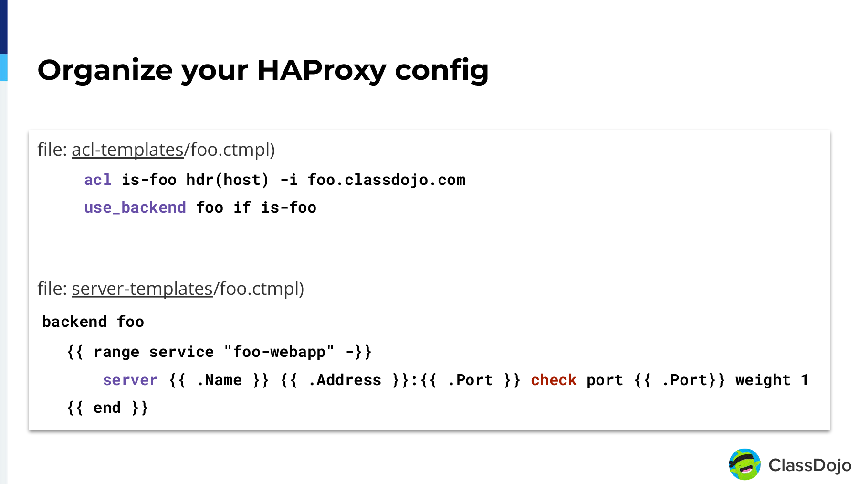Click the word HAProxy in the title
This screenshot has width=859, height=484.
tap(321, 71)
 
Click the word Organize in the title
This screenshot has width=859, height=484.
tap(105, 71)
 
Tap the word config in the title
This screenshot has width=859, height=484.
tap(441, 71)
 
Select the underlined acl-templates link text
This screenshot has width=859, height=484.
tap(127, 150)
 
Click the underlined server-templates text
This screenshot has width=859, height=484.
tap(142, 289)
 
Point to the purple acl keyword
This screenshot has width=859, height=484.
tap(98, 180)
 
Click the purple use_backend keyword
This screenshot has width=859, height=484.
tap(135, 207)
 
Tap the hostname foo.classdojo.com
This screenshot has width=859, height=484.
tap(387, 180)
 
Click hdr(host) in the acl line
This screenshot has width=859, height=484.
tap(228, 180)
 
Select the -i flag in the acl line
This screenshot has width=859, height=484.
tap(289, 180)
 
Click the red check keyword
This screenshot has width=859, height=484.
tap(554, 380)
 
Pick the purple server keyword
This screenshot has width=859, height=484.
tap(130, 380)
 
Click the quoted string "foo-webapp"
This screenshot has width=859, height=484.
tap(279, 352)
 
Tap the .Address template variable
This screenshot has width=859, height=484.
tap(345, 380)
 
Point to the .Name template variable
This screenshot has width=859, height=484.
tap(220, 380)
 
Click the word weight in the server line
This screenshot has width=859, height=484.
tap(763, 380)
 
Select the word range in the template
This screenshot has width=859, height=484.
tap(116, 352)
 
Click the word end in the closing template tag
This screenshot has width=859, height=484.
tap(107, 408)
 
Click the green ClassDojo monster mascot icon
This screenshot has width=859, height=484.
tap(744, 464)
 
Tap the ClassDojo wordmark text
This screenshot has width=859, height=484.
tap(810, 465)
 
